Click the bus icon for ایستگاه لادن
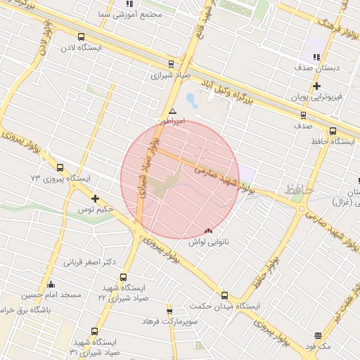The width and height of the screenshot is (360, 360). [81, 37]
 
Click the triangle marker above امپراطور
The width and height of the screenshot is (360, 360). [172, 111]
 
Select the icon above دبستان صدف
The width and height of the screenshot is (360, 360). [316, 57]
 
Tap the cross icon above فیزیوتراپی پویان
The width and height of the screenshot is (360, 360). [317, 85]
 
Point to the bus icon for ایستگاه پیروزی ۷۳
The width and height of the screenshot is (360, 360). [60, 168]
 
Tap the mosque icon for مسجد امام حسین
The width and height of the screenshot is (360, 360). [51, 285]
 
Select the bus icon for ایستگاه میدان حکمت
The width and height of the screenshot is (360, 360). [224, 295]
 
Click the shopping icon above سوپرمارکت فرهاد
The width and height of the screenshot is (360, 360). [169, 311]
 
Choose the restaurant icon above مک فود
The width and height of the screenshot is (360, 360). [318, 336]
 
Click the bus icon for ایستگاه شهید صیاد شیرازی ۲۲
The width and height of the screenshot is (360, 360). [124, 277]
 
